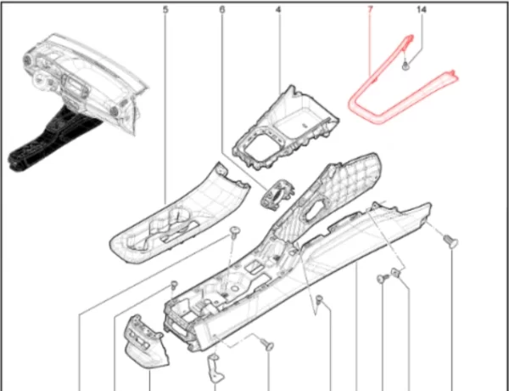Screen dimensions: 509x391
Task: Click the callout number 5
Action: (165, 9)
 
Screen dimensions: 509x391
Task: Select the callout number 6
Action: (221, 9)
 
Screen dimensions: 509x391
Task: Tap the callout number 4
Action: (278, 9)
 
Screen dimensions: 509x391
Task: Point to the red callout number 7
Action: (370, 9)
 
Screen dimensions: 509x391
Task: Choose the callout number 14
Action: (422, 9)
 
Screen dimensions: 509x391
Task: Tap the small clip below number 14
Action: (406, 66)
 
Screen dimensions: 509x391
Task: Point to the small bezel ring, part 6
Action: (277, 194)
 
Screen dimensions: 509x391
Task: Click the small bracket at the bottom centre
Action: (215, 367)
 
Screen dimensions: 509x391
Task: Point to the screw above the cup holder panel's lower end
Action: (234, 233)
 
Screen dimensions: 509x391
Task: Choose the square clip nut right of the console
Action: (395, 273)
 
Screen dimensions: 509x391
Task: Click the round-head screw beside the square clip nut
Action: (383, 279)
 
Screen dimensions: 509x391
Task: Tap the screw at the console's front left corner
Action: (174, 285)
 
